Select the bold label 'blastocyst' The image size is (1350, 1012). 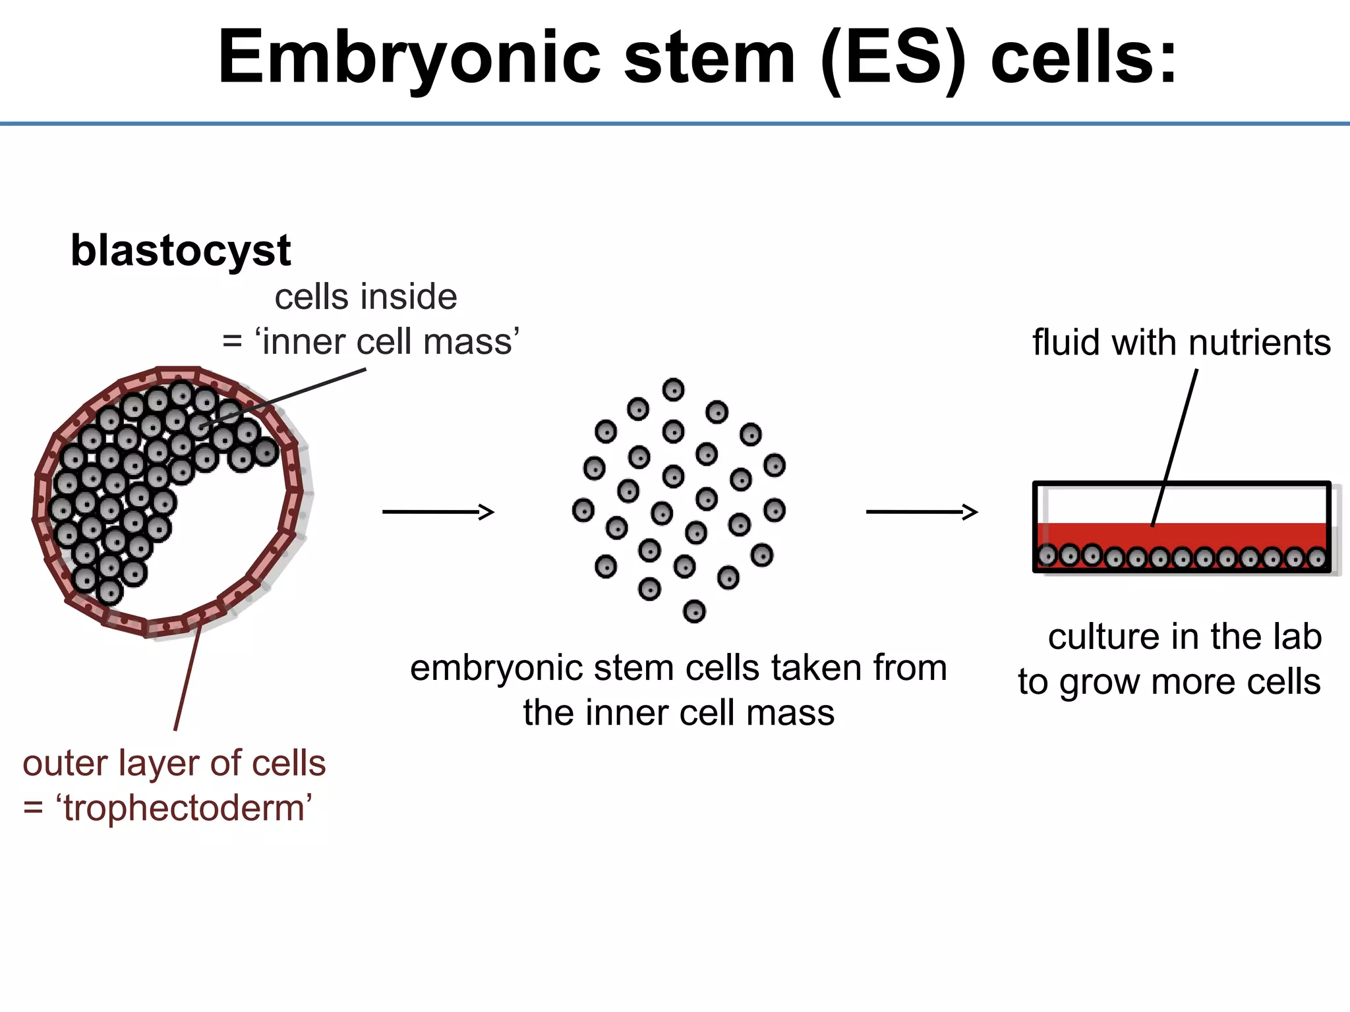click(x=181, y=251)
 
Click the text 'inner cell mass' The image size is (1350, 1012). click(x=388, y=343)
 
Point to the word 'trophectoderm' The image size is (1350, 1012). click(x=184, y=808)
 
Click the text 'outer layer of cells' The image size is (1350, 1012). click(x=174, y=764)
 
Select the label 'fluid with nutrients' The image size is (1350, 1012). click(x=1181, y=343)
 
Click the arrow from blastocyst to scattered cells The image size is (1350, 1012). click(x=438, y=512)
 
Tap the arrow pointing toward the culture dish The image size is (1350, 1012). click(x=922, y=512)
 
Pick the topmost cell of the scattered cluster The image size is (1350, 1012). click(x=673, y=390)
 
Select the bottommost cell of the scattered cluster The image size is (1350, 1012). click(x=694, y=611)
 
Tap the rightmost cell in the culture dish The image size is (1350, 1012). click(x=1316, y=559)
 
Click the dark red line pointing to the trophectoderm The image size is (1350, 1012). click(x=187, y=679)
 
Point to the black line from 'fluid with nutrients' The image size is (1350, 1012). click(x=1175, y=448)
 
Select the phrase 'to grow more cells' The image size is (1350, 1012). click(x=1169, y=682)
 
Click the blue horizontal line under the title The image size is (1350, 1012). click(x=675, y=123)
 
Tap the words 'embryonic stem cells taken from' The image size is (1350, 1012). click(x=678, y=668)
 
